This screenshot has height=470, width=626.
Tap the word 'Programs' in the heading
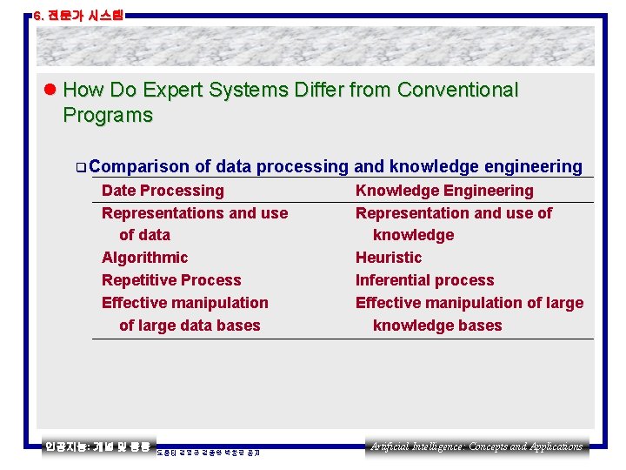pos(108,116)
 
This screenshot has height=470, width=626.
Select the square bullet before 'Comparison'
pos(80,167)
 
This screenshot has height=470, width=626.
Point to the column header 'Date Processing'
pos(163,191)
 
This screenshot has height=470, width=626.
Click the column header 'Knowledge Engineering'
pos(444,191)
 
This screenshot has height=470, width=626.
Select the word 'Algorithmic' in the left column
pos(144,258)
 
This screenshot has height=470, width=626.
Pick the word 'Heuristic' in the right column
pos(388,258)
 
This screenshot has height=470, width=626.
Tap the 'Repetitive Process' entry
pos(171,280)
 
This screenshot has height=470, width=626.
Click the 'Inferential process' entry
pos(424,280)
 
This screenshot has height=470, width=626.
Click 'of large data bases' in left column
pos(190,326)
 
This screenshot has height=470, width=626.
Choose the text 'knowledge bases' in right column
pos(437,326)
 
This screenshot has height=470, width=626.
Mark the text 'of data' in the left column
pos(144,235)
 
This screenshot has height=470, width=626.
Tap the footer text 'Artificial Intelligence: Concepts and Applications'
pos(476,446)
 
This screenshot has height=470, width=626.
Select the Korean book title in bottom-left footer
pos(97,446)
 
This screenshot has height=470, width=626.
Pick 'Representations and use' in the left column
pos(195,213)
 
